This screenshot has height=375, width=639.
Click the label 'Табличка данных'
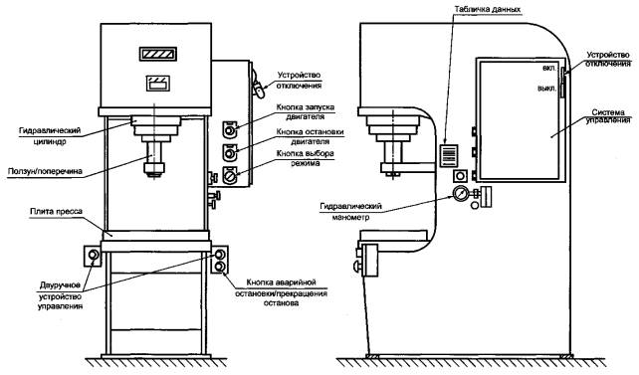point(489,9)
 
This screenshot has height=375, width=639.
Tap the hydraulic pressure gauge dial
point(460,193)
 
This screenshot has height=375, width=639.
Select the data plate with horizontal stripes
point(449,155)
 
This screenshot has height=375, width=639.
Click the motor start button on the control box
point(230,130)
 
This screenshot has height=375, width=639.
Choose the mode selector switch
point(230,176)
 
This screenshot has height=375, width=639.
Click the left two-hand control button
point(93,256)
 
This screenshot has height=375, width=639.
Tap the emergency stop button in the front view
point(220,267)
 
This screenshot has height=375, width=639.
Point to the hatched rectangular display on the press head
point(157,54)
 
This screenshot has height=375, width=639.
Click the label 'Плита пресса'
point(56,212)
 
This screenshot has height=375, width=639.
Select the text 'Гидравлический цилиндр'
point(50,136)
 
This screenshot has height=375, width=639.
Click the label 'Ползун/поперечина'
point(45,171)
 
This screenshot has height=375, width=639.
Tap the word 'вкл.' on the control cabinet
point(549,68)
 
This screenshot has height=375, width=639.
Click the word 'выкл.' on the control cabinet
point(546,89)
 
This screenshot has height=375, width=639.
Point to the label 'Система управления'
point(608,116)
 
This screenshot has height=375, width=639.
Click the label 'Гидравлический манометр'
point(351,212)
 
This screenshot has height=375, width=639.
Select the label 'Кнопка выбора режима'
point(306,158)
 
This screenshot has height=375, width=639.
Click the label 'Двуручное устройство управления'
point(61,296)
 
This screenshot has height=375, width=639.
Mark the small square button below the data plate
point(460,176)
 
